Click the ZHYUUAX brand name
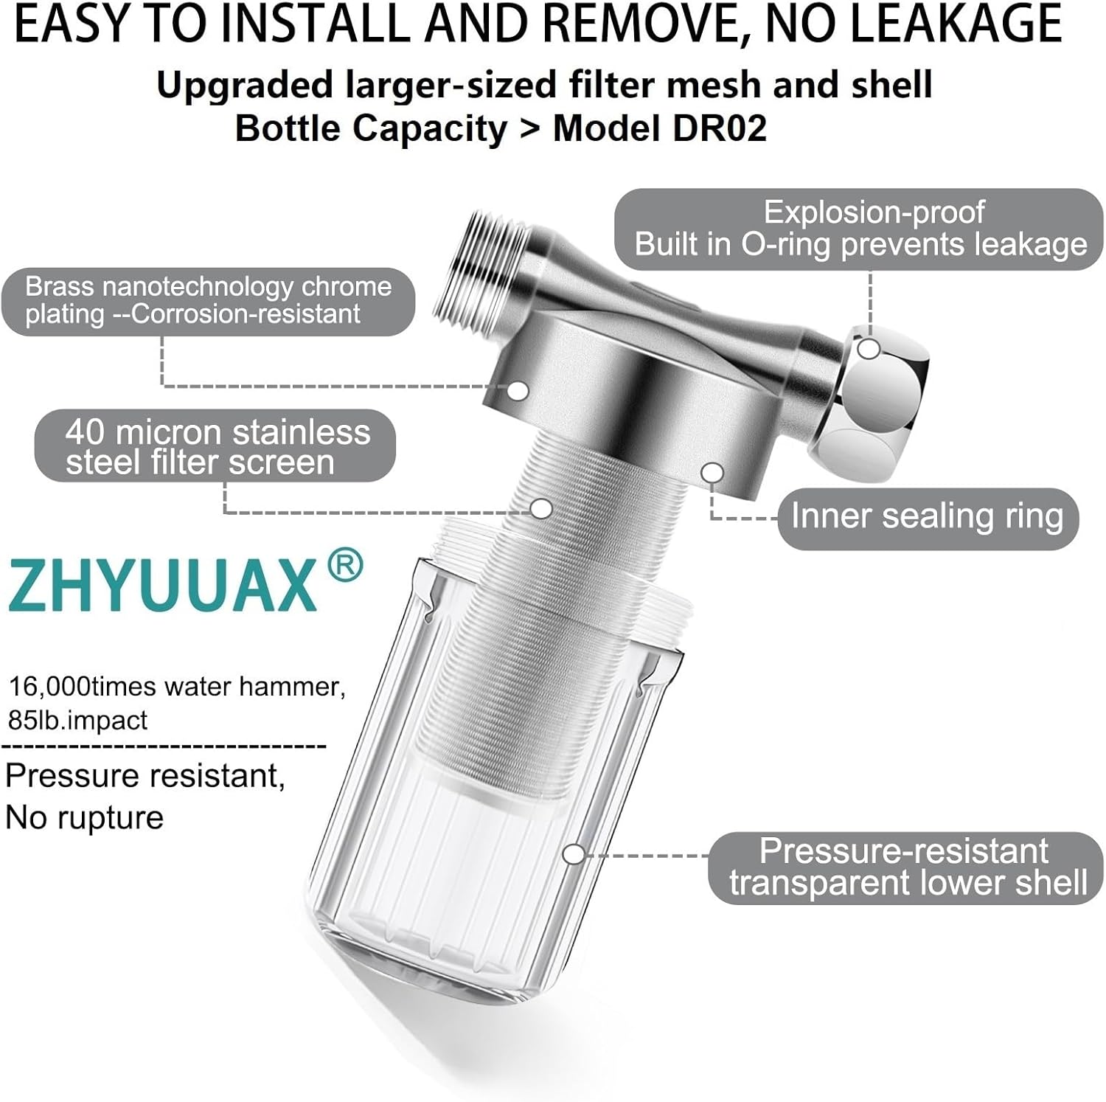tap(162, 585)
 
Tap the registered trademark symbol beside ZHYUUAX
tap(344, 566)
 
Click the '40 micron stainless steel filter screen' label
tap(215, 447)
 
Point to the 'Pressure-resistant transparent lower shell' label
tap(905, 867)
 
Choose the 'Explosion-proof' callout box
tap(859, 229)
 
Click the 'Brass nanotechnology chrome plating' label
tap(208, 301)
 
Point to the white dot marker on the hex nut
tap(870, 349)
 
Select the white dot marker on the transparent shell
tap(574, 855)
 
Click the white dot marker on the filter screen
tap(542, 508)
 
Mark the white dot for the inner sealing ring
tap(712, 472)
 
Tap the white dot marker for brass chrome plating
tap(518, 391)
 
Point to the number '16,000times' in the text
tap(50, 687)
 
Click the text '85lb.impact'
tap(77, 720)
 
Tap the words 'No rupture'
tap(84, 818)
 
